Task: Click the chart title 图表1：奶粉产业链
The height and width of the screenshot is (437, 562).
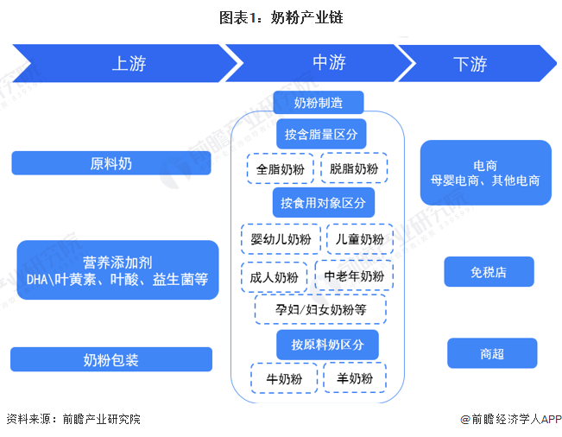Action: pyautogui.click(x=281, y=17)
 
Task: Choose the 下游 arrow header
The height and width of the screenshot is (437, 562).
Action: pyautogui.click(x=470, y=63)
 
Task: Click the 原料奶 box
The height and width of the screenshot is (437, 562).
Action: pyautogui.click(x=111, y=162)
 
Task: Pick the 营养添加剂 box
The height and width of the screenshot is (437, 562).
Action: pyautogui.click(x=117, y=270)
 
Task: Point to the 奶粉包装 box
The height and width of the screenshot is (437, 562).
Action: pyautogui.click(x=111, y=359)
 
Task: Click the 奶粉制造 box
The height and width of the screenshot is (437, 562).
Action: pyautogui.click(x=318, y=103)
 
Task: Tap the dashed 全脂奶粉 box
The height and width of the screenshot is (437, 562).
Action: pyautogui.click(x=281, y=168)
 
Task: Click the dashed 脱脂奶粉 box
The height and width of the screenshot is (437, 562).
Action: pyautogui.click(x=354, y=168)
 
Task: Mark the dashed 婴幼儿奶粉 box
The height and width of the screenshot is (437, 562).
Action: pyautogui.click(x=281, y=239)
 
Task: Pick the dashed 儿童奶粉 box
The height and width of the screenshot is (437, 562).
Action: pyautogui.click(x=360, y=239)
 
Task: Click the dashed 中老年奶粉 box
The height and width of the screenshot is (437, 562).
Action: pyautogui.click(x=354, y=276)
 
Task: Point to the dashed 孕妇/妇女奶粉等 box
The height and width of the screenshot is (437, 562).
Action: pyautogui.click(x=320, y=309)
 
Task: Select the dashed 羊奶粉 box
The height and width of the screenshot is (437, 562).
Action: pyautogui.click(x=355, y=378)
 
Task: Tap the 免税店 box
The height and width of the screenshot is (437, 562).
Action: pyautogui.click(x=489, y=272)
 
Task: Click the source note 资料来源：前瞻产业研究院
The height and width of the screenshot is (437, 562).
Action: pyautogui.click(x=73, y=420)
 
